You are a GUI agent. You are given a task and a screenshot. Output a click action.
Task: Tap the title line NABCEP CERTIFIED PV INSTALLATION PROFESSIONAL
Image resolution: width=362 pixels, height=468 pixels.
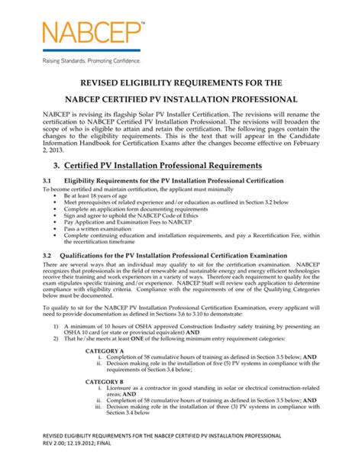(180, 99)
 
